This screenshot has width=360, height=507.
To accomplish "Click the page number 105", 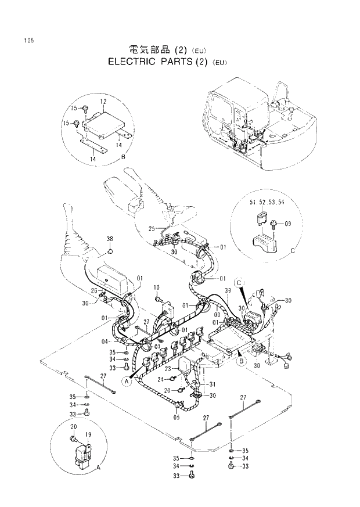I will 28,41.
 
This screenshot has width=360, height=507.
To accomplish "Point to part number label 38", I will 110,239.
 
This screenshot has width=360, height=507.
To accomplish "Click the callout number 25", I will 152,228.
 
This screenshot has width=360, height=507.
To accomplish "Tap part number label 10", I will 156,287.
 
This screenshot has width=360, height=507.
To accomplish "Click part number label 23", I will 167,369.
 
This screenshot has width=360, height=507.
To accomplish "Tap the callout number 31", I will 213,384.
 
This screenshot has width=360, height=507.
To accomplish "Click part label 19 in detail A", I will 89,434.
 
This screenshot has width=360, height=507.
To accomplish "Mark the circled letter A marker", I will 126,380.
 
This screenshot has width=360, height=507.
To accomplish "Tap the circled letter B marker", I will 239,361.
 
